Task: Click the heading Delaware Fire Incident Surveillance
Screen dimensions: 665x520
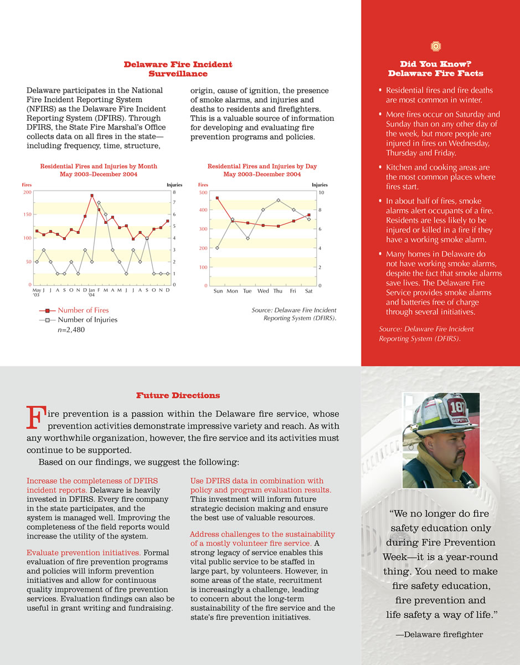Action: tap(178, 69)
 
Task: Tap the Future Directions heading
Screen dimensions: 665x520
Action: tap(178, 396)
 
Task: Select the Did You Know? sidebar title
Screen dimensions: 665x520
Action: tap(435, 69)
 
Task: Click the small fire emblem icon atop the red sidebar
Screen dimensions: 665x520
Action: tap(435, 47)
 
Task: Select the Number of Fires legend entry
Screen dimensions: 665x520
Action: tap(83, 310)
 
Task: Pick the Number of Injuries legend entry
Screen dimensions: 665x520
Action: tap(87, 320)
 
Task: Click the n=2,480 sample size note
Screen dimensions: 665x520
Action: tap(71, 330)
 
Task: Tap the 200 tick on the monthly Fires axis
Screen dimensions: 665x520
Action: tap(28, 192)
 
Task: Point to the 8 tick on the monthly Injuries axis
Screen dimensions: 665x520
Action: tap(174, 192)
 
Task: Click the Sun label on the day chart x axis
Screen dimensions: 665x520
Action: tap(218, 290)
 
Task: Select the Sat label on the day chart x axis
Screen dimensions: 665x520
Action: tap(309, 290)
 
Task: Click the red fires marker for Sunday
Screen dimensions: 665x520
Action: tap(218, 198)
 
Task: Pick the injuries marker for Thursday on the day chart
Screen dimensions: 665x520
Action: tap(279, 200)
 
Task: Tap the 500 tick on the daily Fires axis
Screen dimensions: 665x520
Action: tap(203, 192)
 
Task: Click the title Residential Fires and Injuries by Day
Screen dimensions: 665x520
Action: tap(262, 166)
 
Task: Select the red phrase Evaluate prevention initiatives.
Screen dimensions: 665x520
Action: tap(83, 553)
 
